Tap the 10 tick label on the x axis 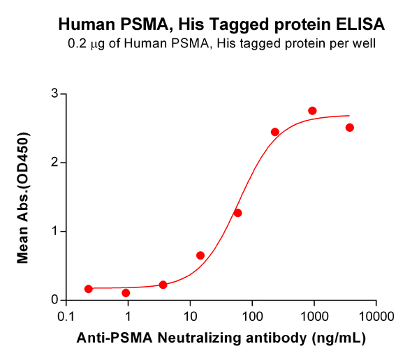[x=190, y=315]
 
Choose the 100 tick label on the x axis [x=252, y=315]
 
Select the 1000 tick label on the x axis [x=314, y=315]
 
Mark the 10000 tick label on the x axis [x=376, y=315]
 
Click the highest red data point [x=312, y=111]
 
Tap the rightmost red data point [x=350, y=128]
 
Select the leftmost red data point [x=88, y=289]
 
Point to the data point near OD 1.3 [x=237, y=213]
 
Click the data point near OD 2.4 [x=275, y=132]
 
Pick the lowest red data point [x=126, y=293]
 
